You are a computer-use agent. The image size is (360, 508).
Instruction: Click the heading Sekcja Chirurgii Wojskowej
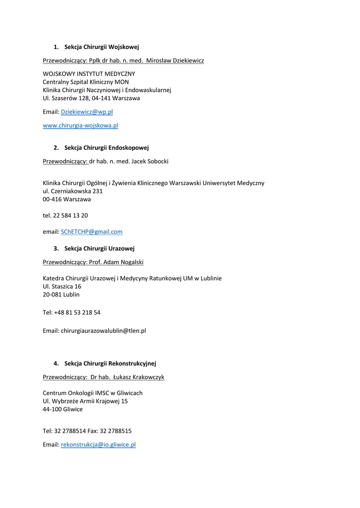click(x=101, y=47)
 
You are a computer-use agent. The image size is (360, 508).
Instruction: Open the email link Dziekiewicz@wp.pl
click(x=87, y=112)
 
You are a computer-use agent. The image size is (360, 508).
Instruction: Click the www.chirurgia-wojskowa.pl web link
click(x=80, y=126)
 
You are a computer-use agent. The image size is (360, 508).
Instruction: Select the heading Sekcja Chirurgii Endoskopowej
click(x=106, y=147)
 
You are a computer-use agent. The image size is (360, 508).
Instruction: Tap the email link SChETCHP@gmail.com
click(x=91, y=232)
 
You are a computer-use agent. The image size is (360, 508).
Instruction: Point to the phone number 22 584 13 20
click(x=71, y=215)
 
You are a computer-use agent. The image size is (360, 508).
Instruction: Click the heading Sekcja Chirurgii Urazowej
click(x=99, y=248)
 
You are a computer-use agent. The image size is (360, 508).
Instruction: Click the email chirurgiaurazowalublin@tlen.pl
click(x=103, y=330)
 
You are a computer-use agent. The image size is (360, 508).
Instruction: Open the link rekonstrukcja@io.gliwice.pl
click(x=98, y=444)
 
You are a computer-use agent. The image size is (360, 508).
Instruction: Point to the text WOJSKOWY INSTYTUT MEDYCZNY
click(x=89, y=73)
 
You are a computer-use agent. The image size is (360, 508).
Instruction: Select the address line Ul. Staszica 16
click(x=62, y=286)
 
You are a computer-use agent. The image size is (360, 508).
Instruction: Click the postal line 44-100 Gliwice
click(x=63, y=409)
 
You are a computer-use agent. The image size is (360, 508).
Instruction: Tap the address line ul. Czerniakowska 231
click(x=72, y=191)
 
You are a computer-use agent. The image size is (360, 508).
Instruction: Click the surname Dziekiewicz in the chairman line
click(x=185, y=61)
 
